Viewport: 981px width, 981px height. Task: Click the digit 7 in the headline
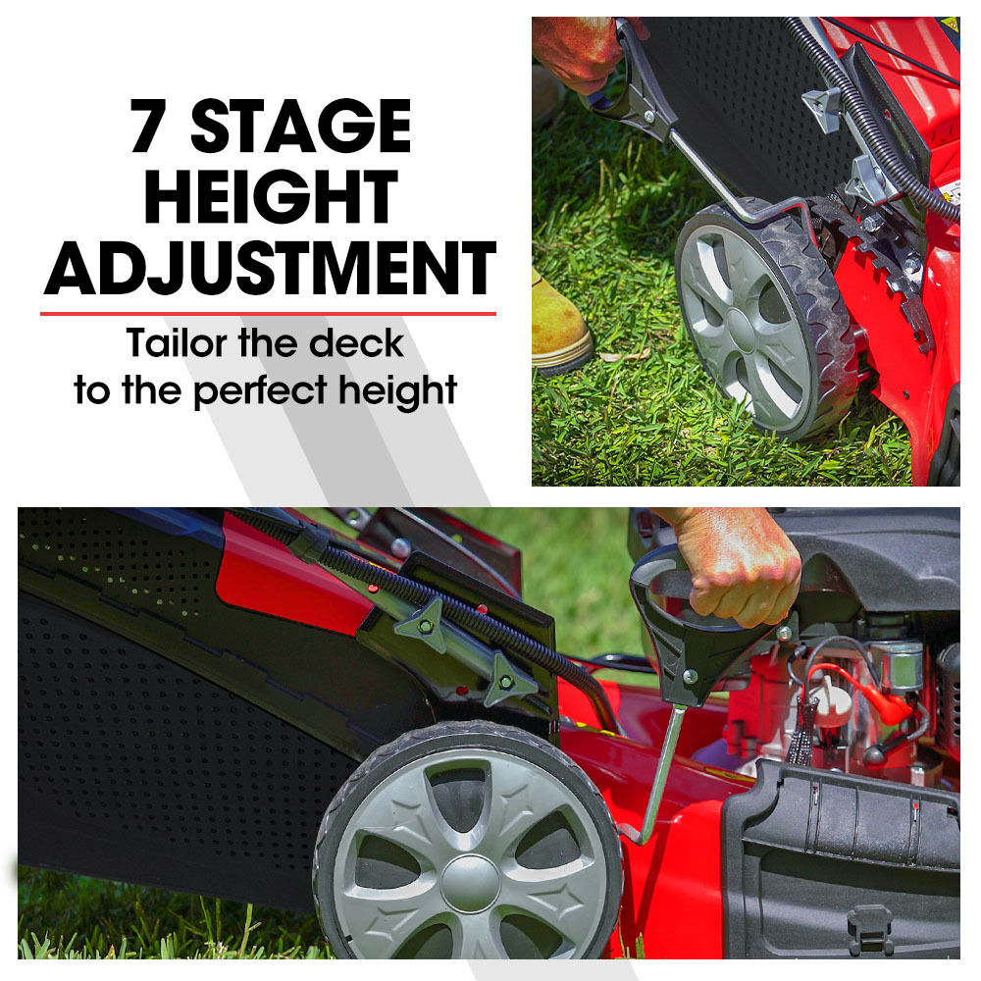(x=148, y=126)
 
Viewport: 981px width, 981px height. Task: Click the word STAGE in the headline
(x=301, y=126)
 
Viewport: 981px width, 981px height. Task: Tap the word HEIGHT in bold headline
(x=271, y=196)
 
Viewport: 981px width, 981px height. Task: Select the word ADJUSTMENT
(x=270, y=268)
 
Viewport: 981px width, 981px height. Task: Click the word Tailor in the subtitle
(x=177, y=342)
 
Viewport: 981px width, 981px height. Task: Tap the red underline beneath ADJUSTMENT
(x=269, y=314)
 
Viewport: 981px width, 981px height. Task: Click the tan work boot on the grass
(x=559, y=326)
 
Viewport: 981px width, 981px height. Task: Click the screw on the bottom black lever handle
(x=690, y=676)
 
